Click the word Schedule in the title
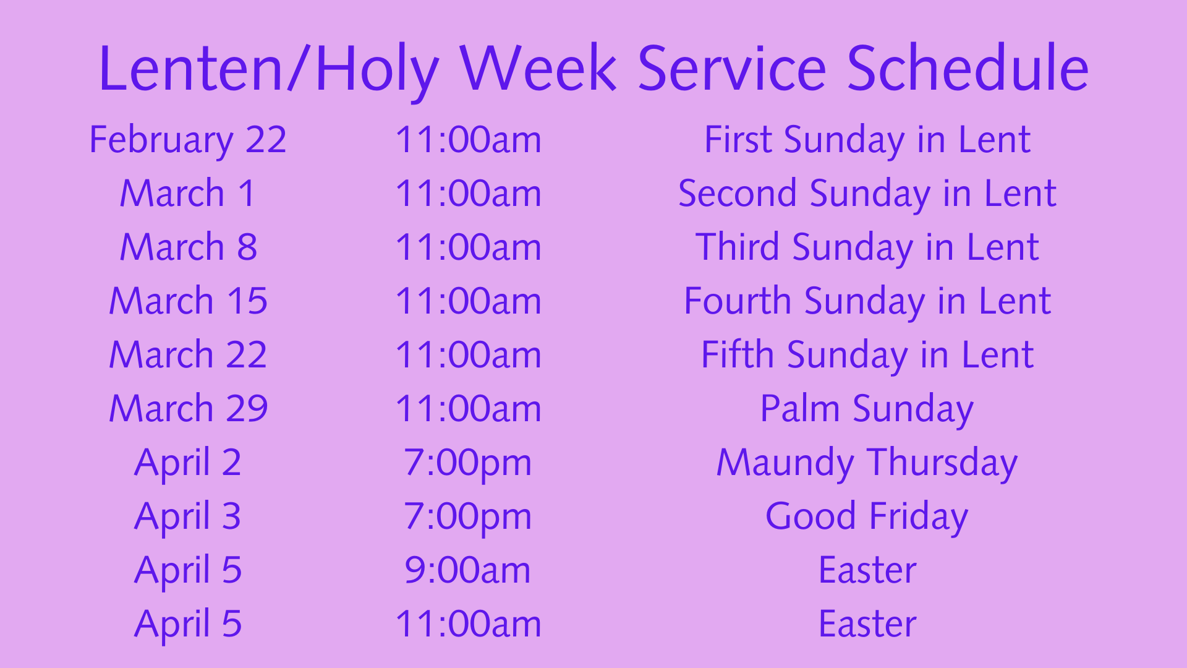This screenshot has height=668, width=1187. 968,68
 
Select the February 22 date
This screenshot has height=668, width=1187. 188,140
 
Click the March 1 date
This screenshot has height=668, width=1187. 188,193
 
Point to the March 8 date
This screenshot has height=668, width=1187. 188,247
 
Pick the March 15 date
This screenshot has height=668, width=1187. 188,301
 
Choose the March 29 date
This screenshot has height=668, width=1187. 188,408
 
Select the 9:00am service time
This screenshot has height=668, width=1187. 468,570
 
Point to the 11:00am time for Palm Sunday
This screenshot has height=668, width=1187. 468,408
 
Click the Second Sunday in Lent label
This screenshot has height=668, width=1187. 867,194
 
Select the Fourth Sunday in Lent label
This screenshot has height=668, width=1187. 867,302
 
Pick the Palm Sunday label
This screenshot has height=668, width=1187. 867,409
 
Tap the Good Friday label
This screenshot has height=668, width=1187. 867,517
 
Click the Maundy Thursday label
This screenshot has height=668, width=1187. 867,463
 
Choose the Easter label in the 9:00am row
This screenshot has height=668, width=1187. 867,570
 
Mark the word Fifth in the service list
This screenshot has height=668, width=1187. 738,354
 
